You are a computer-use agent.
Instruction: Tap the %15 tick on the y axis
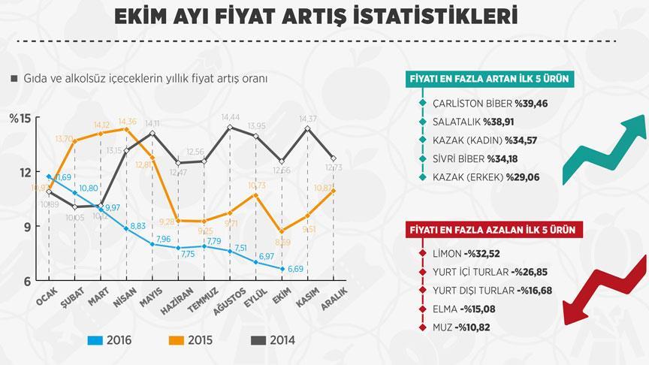pos(20,118)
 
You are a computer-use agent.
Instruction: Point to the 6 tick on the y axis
pos(25,281)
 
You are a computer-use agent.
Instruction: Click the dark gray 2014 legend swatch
pos(258,339)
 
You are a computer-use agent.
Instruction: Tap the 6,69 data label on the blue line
pos(296,268)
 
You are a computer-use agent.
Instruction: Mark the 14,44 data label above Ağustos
pos(231,117)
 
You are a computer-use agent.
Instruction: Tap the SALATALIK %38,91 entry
pos(480,121)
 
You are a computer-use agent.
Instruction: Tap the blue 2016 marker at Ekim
pos(282,268)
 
